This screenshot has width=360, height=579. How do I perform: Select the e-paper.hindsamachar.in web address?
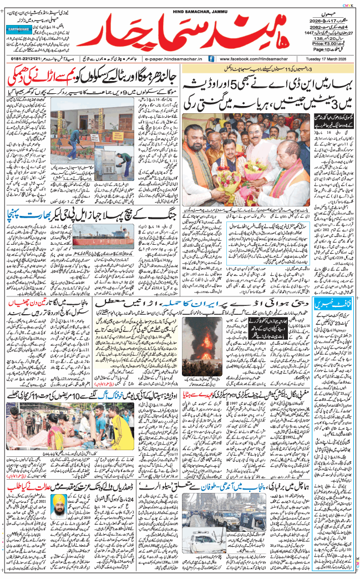(174, 58)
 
